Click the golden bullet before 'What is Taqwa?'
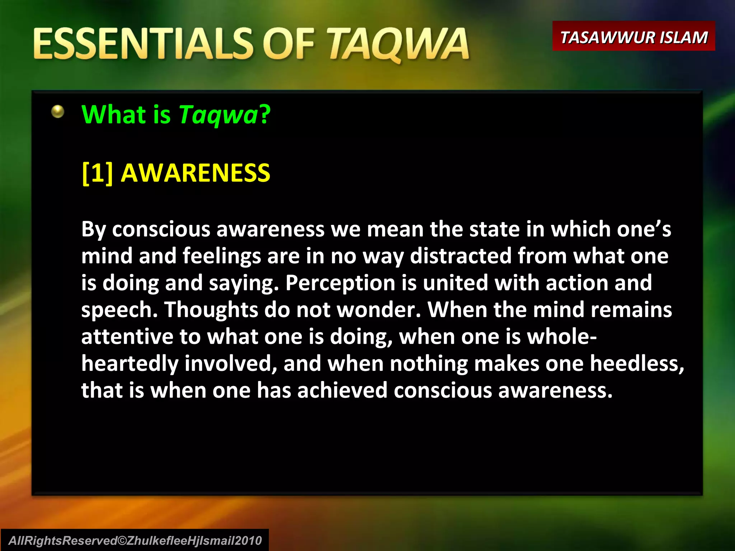57,112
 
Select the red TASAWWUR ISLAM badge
633,37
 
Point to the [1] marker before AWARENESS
97,173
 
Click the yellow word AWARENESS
195,173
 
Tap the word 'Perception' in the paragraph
340,283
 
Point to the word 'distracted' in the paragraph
461,256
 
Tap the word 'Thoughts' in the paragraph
211,310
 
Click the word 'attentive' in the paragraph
127,337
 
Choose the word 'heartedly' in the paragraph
130,364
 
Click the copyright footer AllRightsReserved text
135,541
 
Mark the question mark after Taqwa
265,115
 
